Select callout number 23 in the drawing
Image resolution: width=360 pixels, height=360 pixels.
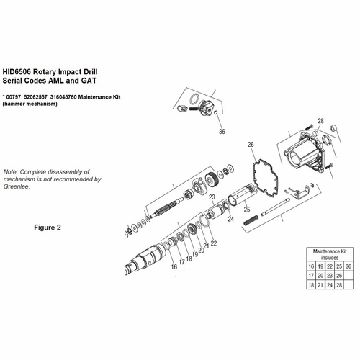coord(212,197)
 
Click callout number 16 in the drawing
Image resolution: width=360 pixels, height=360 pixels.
coord(174,266)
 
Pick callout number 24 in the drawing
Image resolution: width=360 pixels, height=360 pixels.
coord(230,219)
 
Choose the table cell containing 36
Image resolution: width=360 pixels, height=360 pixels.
coord(348,267)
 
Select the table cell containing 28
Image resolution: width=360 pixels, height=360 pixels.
coord(336,286)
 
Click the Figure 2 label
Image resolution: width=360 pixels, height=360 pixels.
coord(49,226)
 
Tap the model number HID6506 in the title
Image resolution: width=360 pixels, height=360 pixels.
coord(19,72)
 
